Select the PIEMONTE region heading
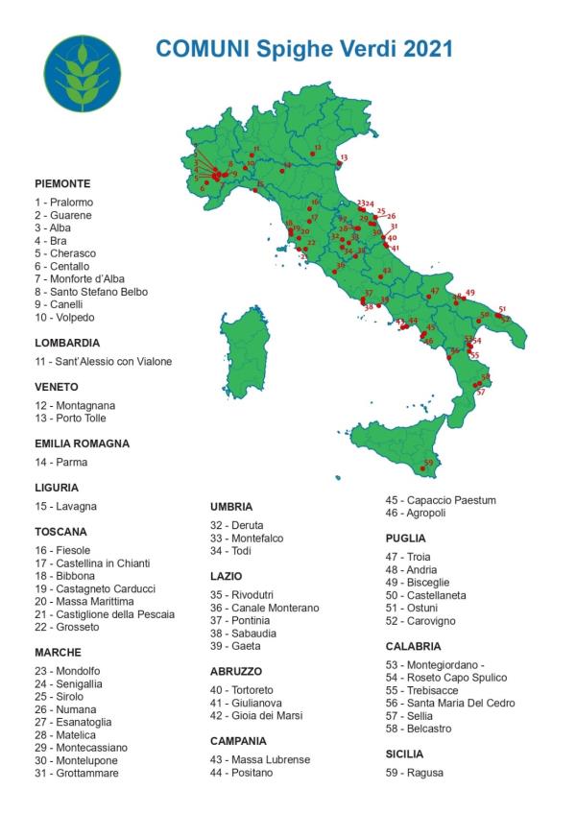62,183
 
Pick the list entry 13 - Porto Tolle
70,419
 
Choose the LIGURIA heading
57,488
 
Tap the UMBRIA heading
231,507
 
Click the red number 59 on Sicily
428,463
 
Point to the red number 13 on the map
344,156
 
